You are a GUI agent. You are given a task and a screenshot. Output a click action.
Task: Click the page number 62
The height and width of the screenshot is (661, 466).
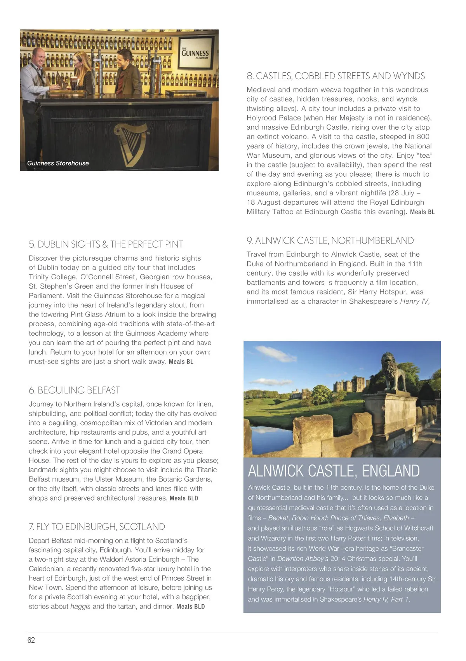click(x=31, y=640)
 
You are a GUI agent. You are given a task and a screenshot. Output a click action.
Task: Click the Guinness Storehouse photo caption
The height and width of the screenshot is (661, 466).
click(x=58, y=163)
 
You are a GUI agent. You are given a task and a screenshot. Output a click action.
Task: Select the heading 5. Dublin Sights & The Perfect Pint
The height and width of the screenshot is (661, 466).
click(x=106, y=244)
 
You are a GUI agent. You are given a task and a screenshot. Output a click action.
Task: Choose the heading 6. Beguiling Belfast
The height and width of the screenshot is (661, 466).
click(x=74, y=390)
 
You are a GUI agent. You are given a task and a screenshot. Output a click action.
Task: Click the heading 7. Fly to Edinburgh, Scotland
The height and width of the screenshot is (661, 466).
click(x=97, y=527)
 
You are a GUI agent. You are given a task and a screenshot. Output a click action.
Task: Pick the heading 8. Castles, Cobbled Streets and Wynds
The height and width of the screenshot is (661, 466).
click(x=336, y=76)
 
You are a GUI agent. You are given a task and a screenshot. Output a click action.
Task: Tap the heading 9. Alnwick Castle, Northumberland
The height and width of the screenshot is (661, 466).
click(x=330, y=241)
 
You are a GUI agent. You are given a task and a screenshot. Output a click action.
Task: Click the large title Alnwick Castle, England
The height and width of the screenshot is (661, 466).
click(x=334, y=471)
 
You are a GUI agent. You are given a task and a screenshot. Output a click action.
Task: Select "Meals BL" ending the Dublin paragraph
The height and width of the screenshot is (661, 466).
click(x=181, y=362)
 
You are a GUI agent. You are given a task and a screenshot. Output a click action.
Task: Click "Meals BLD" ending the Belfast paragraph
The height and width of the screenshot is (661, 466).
click(x=184, y=498)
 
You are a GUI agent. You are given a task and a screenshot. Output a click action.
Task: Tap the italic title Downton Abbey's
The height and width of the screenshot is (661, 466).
click(x=303, y=558)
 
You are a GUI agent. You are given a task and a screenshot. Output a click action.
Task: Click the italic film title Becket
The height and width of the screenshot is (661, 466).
click(x=278, y=518)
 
